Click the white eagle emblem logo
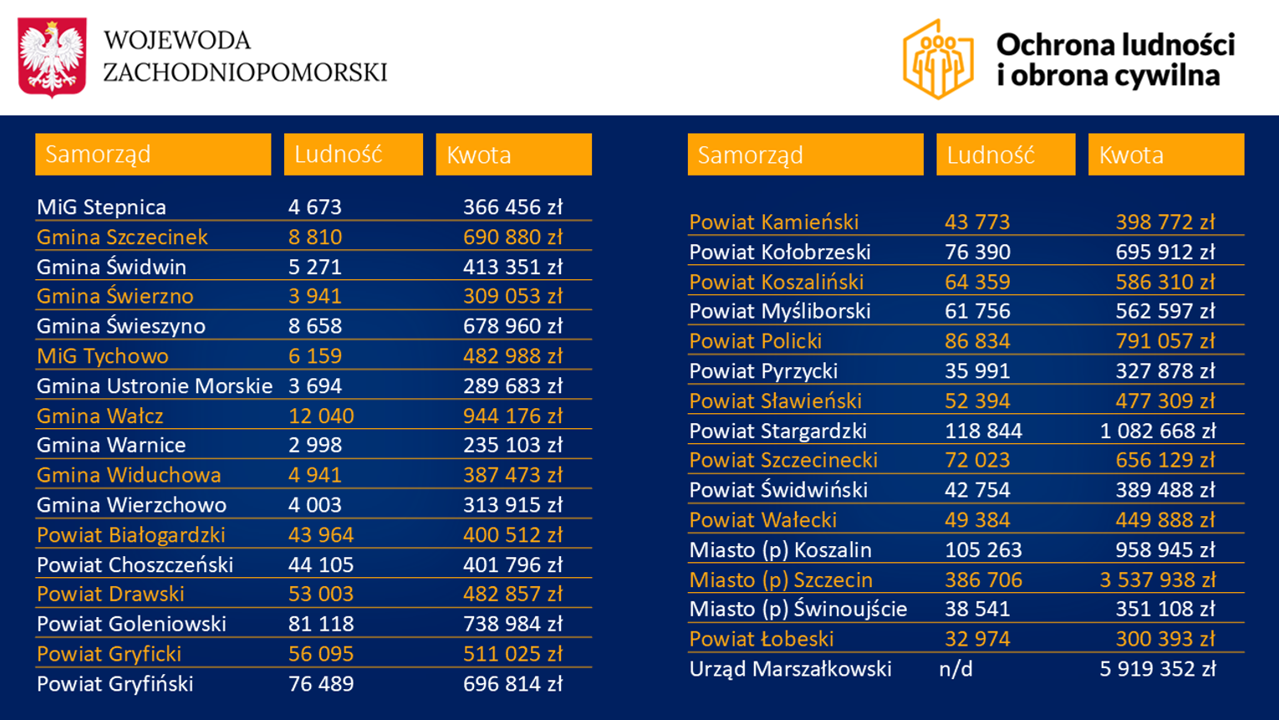52,57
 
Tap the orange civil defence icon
938,59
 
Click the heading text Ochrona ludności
1115,44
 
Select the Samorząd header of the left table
153,155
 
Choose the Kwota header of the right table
1165,155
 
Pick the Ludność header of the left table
353,155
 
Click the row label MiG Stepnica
101,207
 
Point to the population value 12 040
321,416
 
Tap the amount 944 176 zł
512,416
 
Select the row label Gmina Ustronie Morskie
155,386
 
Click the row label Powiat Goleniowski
131,624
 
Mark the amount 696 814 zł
512,684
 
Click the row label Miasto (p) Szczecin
781,580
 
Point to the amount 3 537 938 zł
1157,580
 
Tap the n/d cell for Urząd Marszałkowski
955,669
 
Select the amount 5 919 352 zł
1157,669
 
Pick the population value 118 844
983,431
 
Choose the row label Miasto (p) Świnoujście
797,609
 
